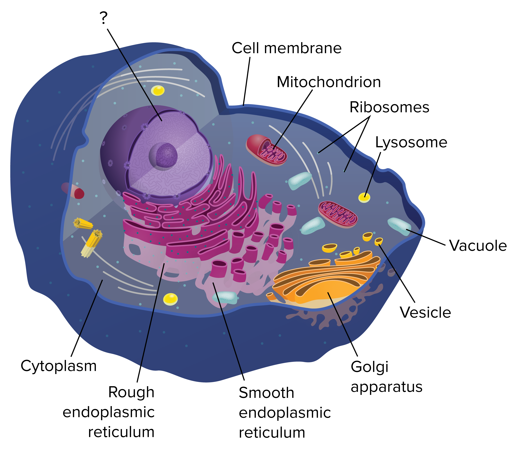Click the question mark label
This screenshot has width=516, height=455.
coord(104,18)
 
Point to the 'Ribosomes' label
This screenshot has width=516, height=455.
coord(389,107)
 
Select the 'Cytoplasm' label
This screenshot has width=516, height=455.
coord(59,366)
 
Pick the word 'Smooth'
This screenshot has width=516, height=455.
coord(266,393)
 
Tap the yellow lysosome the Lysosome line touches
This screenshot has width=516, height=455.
coord(364,197)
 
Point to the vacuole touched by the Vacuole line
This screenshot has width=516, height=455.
coord(399,226)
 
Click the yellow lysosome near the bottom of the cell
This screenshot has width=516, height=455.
coord(170,299)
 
